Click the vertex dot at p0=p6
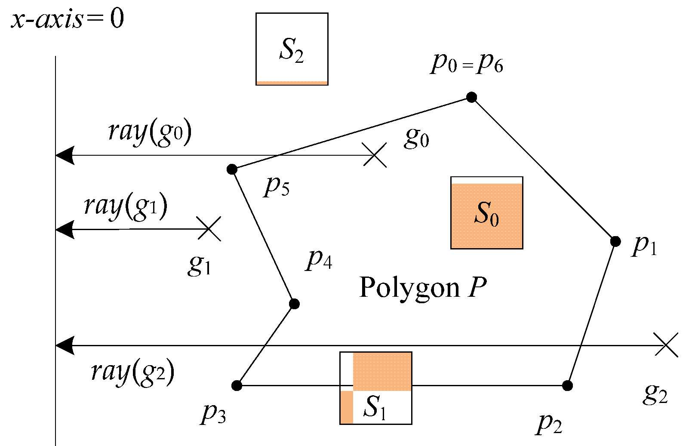coord(471,97)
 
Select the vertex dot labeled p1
coord(615,241)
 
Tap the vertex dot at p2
coord(567,385)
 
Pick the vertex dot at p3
coord(237,385)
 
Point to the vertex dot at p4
coord(294,304)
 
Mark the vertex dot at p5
coord(232,169)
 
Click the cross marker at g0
coord(375,155)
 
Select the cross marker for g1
coord(209,229)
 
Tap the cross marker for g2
coord(666,344)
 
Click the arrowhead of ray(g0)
coord(65,155)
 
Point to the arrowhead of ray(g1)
coord(65,229)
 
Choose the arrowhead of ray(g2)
coord(65,345)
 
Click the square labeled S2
coord(292,49)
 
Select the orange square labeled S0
coord(486,213)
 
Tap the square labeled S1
coord(375,388)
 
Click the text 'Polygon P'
coord(423,287)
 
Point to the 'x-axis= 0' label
coord(67,19)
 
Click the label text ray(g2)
coord(133,372)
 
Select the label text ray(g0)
coord(150,132)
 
